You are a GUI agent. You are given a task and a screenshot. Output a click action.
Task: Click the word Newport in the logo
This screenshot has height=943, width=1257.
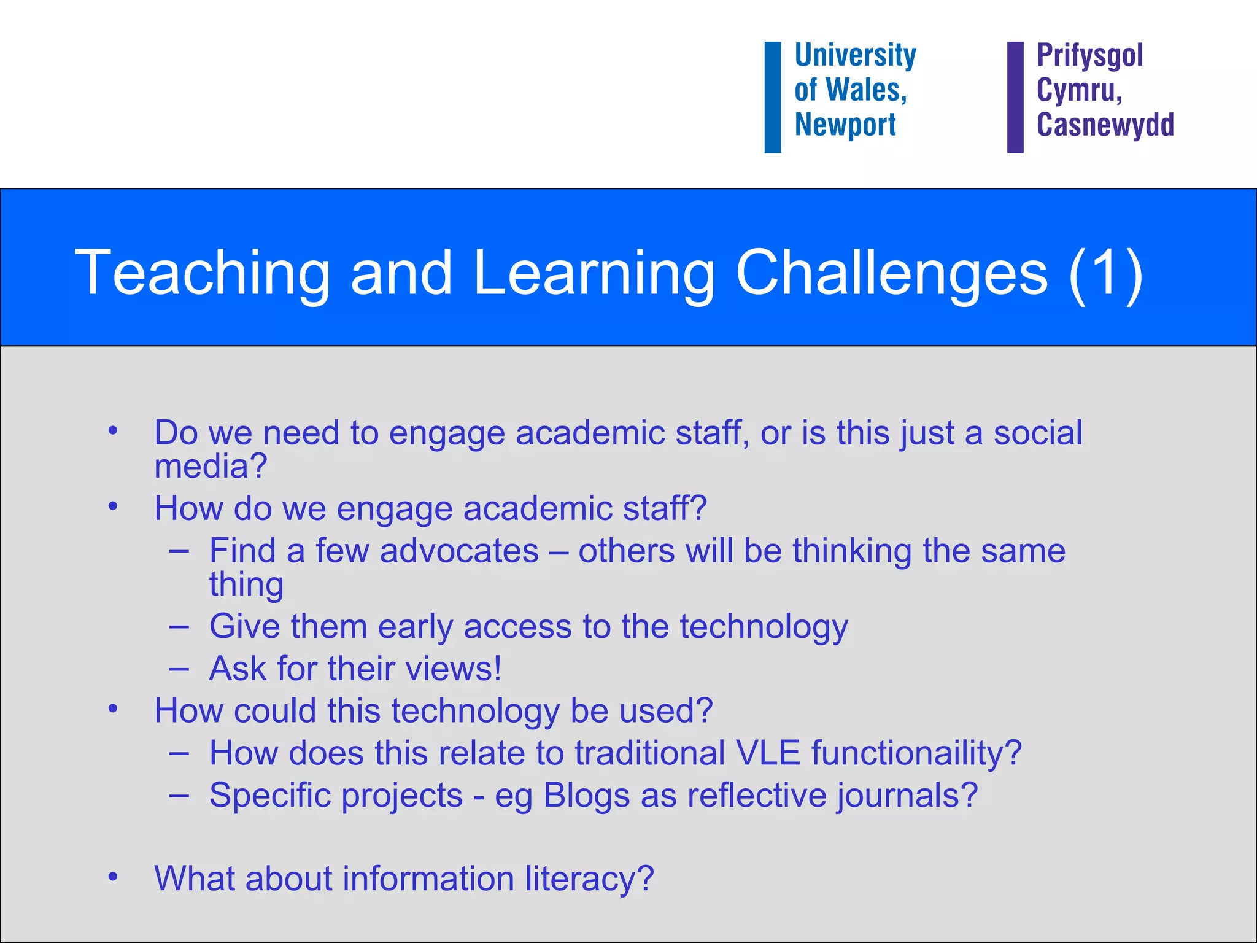pos(845,125)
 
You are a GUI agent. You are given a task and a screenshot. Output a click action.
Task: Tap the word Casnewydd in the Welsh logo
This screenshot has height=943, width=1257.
pos(1105,125)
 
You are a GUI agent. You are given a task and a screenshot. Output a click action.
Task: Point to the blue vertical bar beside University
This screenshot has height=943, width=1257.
pos(772,97)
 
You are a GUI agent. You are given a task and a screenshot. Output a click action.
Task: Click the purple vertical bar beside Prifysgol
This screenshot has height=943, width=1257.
pos(1015,97)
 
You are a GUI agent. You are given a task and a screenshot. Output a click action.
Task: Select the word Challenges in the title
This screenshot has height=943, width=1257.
pos(891,273)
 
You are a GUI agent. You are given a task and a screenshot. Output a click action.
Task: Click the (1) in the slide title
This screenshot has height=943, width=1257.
pos(1105,273)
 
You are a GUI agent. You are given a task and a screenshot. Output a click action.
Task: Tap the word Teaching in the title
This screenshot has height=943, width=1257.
pos(203,273)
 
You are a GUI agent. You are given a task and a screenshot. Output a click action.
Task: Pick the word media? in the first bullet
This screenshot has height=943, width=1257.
pos(211,467)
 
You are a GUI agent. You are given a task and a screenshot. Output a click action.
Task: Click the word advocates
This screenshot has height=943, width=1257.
pos(459,551)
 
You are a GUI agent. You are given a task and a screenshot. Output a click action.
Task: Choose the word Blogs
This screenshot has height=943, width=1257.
pos(587,796)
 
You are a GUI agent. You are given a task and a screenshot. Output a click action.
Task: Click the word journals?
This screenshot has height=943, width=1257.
pos(907,796)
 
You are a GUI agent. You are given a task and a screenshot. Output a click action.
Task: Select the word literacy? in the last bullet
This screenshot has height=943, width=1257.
pos(589,879)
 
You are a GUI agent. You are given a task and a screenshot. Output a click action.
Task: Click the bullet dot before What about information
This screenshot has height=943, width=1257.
pos(113,877)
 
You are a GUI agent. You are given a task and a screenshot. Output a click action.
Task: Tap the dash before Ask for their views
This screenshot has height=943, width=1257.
pos(179,669)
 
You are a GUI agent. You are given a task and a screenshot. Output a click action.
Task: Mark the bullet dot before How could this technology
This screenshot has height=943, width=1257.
pos(113,709)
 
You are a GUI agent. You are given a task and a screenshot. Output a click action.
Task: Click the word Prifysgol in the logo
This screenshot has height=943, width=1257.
pos(1089,55)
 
